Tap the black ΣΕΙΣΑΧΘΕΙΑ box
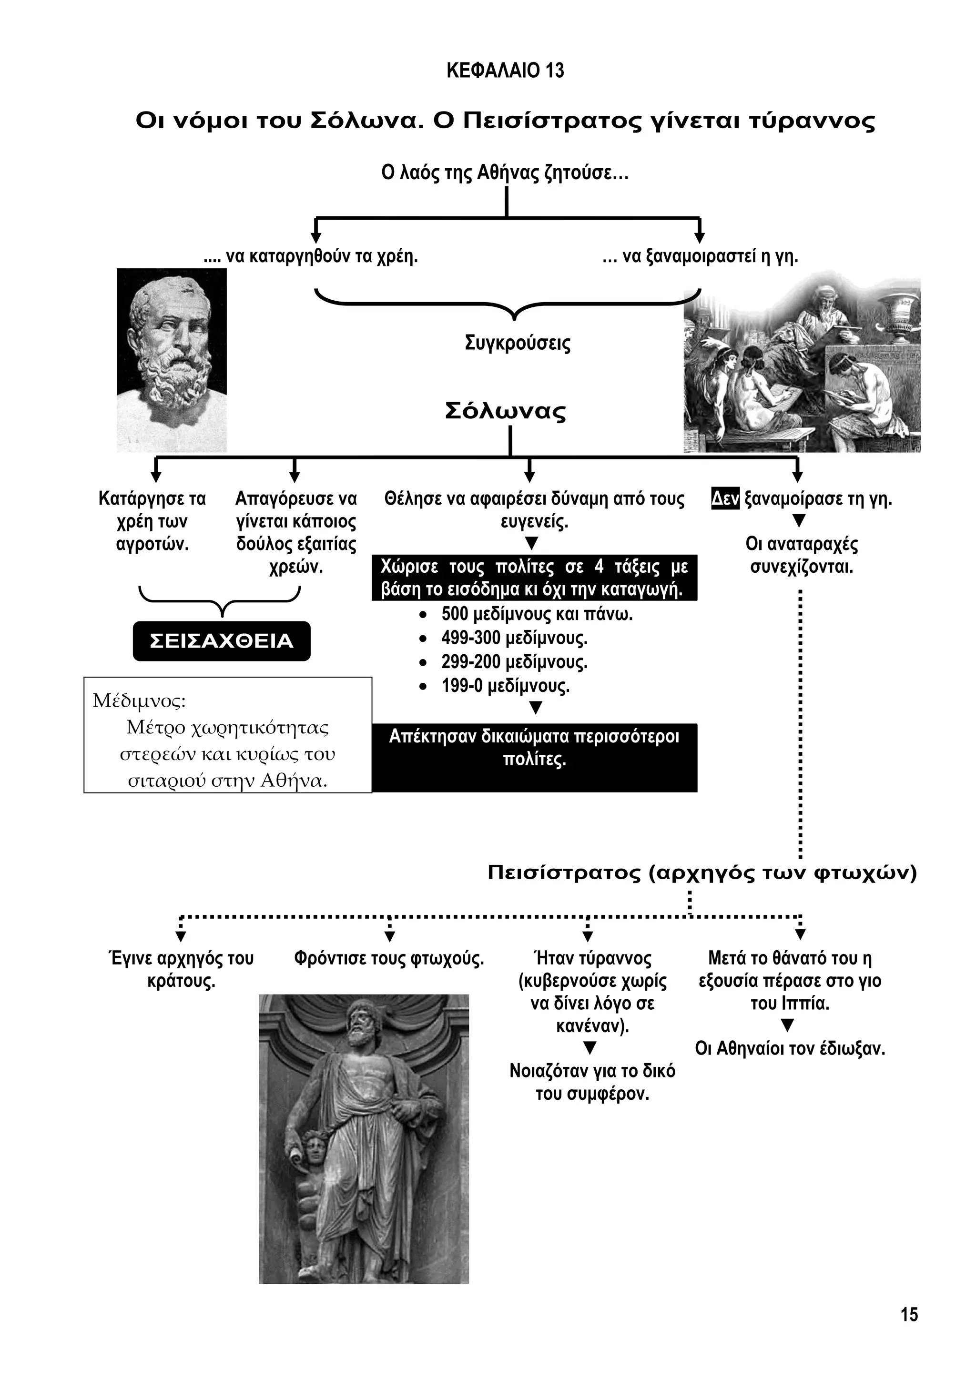pyautogui.click(x=221, y=641)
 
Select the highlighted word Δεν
pyautogui.click(x=725, y=499)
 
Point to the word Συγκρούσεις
pyautogui.click(x=518, y=344)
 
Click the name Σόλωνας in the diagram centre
pyautogui.click(x=506, y=412)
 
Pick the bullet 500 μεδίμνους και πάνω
pyautogui.click(x=537, y=614)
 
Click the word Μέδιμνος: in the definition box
pyautogui.click(x=140, y=701)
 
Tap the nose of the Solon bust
pyautogui.click(x=180, y=336)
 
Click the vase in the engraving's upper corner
pyautogui.click(x=900, y=313)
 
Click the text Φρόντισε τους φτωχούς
pyautogui.click(x=389, y=958)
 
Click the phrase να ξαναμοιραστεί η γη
pyautogui.click(x=709, y=257)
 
